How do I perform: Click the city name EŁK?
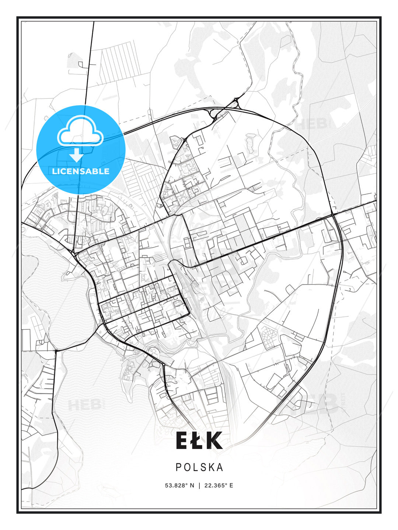click(x=199, y=441)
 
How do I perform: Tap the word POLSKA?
click(x=199, y=467)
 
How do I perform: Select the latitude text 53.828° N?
click(x=179, y=485)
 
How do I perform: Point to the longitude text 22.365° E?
click(x=219, y=485)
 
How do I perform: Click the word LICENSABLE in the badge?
click(x=81, y=171)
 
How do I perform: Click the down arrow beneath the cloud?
click(x=76, y=155)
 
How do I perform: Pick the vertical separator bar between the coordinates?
click(x=199, y=485)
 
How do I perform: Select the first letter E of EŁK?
click(x=183, y=441)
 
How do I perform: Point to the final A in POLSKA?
click(x=220, y=467)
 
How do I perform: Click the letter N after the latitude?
click(x=192, y=485)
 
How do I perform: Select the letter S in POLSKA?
click(x=203, y=467)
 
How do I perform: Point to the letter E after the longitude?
click(x=231, y=485)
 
